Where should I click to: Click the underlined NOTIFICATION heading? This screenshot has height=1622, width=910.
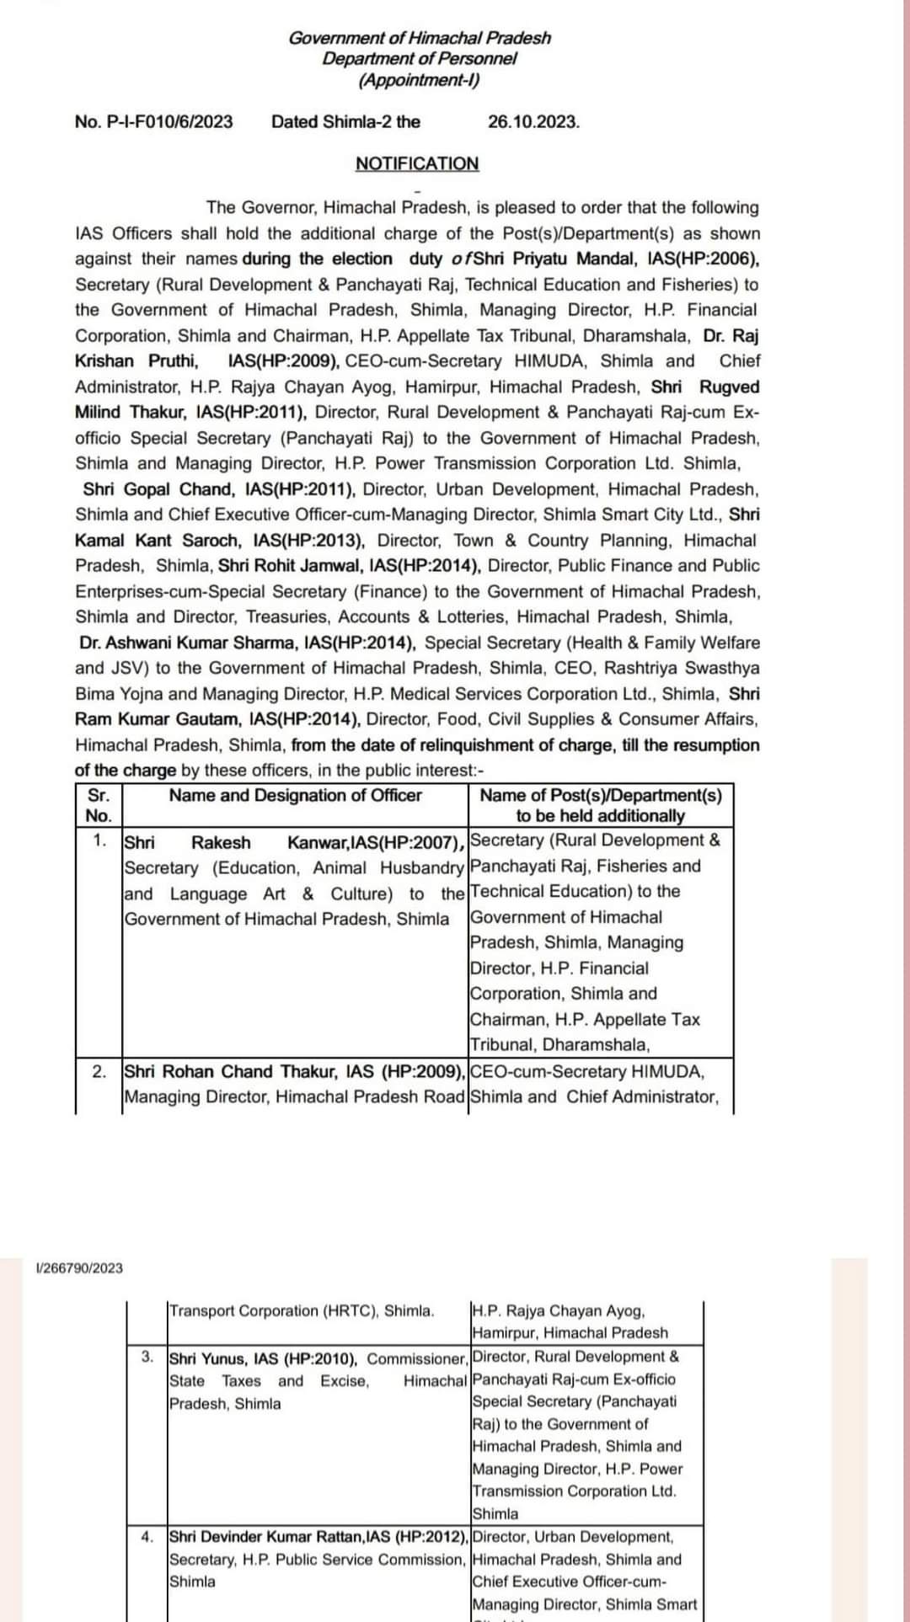[x=417, y=163]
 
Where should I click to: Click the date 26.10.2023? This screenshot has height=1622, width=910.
[x=533, y=121]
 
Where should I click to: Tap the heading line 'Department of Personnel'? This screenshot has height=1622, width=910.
[x=419, y=58]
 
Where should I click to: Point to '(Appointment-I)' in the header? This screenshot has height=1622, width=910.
[x=419, y=80]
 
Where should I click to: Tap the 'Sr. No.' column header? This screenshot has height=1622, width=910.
[x=99, y=805]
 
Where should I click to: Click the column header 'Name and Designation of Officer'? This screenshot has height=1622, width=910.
[x=295, y=796]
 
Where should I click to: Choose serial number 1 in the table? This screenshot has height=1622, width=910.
[x=99, y=840]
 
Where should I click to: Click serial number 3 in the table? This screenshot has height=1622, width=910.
[x=147, y=1357]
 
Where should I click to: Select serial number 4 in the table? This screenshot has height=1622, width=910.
[x=147, y=1536]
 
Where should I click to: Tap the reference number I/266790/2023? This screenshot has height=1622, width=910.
[x=80, y=1267]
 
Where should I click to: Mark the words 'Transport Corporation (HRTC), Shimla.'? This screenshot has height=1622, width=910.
[x=302, y=1310]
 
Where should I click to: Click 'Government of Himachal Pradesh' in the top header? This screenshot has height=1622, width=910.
[x=419, y=38]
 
